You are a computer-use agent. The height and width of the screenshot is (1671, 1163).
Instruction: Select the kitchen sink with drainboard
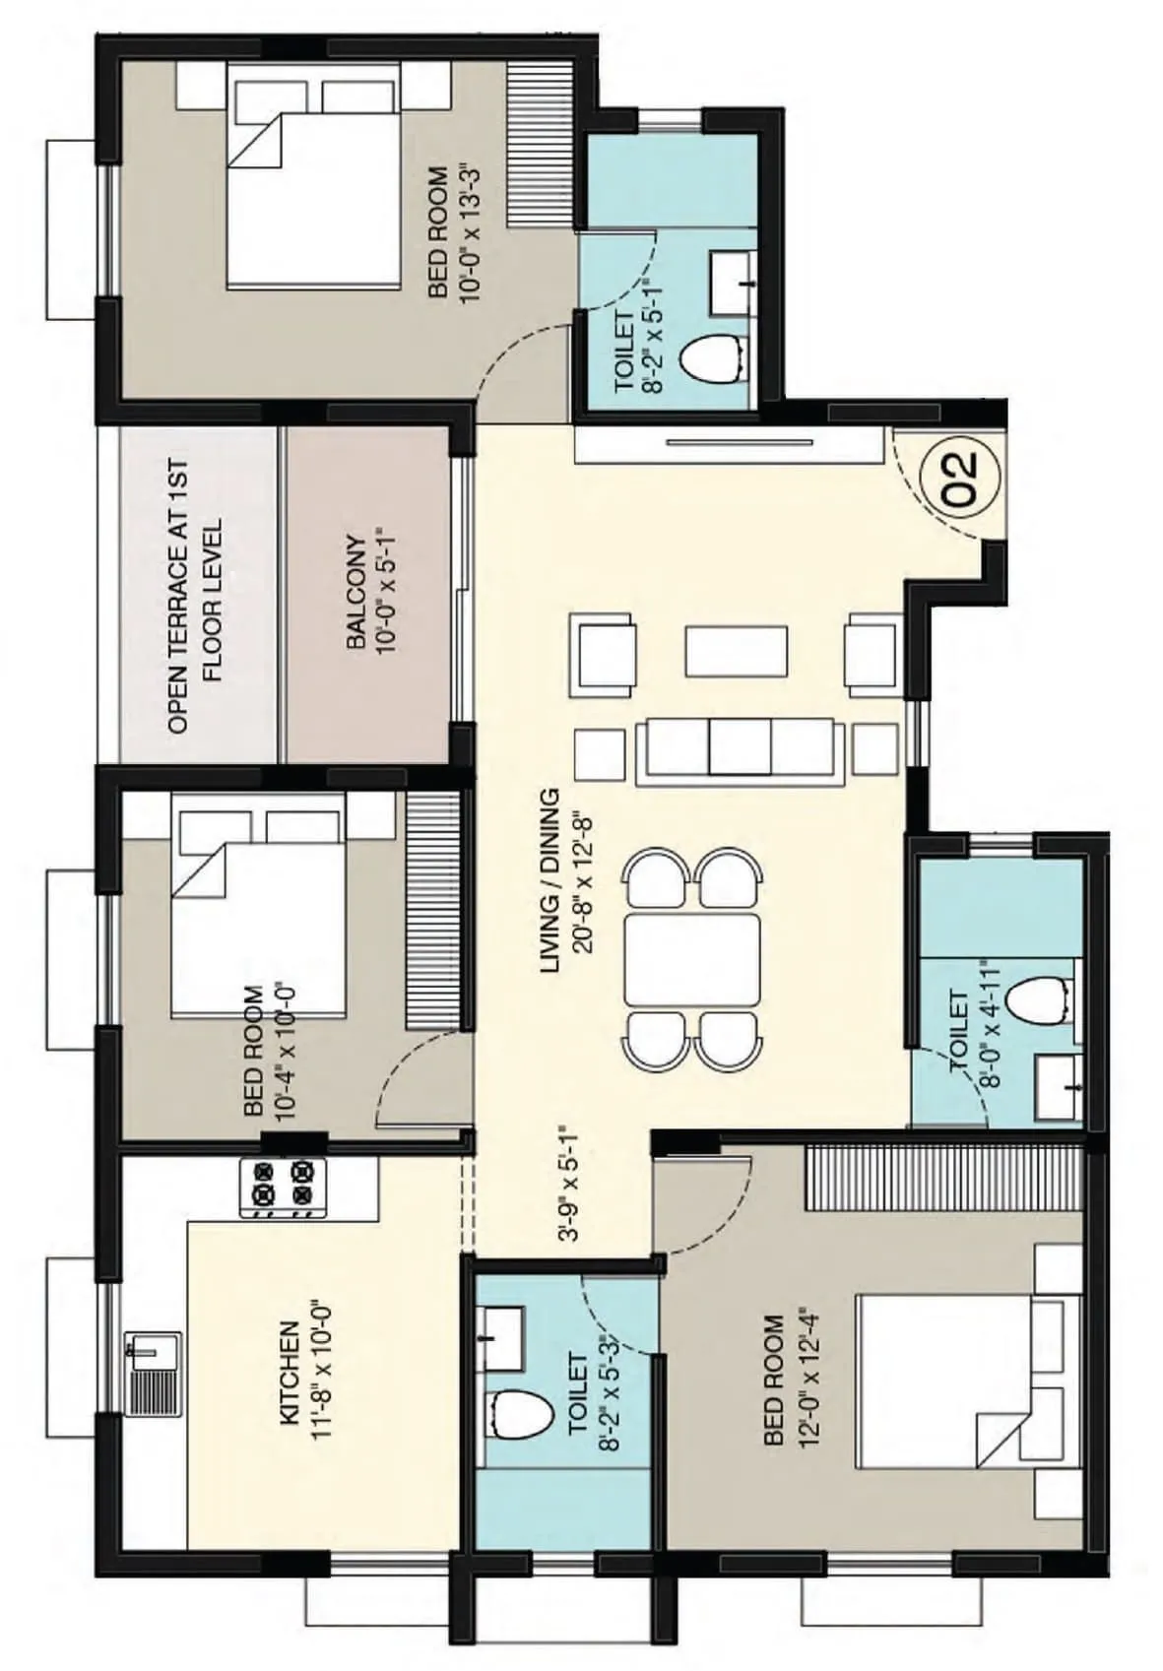coord(154,1373)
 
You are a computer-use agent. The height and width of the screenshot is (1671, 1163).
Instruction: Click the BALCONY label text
coord(369,593)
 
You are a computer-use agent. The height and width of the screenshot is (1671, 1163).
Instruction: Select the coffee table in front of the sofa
coord(737,651)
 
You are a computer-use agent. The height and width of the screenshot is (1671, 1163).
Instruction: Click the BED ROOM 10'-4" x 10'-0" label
coord(266,1050)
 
